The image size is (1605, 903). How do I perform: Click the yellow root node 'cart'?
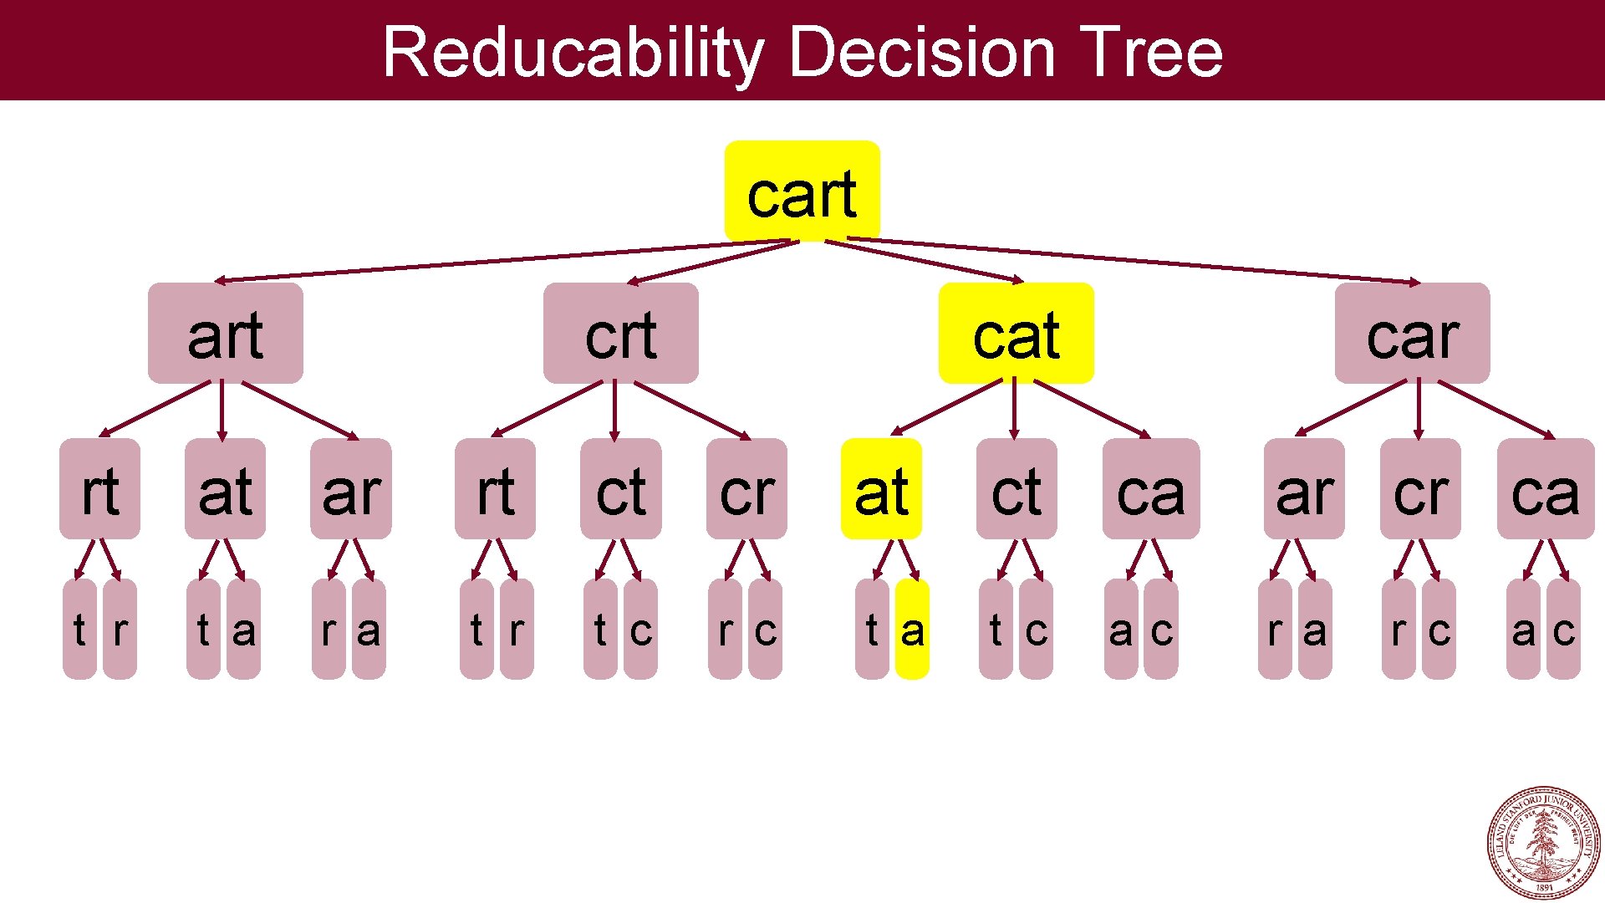[802, 191]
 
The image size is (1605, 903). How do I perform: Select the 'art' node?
[225, 333]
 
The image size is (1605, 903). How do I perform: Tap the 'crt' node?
[620, 333]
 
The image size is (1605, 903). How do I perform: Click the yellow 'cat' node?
[1016, 333]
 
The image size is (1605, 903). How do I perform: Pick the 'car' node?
[1412, 333]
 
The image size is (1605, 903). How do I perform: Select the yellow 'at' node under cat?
[881, 489]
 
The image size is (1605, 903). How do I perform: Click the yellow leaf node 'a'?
[912, 630]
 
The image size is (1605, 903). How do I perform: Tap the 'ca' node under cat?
[1150, 489]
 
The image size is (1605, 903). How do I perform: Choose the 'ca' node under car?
[1545, 489]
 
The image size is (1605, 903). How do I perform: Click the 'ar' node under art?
[350, 489]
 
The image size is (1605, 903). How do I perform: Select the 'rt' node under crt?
[495, 489]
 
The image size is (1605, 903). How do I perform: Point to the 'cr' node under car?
[1419, 489]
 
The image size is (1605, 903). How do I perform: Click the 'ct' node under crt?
[620, 489]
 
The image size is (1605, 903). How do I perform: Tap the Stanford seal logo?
[1543, 843]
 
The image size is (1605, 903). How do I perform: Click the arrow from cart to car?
[1137, 260]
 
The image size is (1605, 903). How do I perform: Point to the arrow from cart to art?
[502, 261]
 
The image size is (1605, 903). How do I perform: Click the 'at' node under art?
[225, 489]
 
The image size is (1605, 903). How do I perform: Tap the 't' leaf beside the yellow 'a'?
[872, 630]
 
